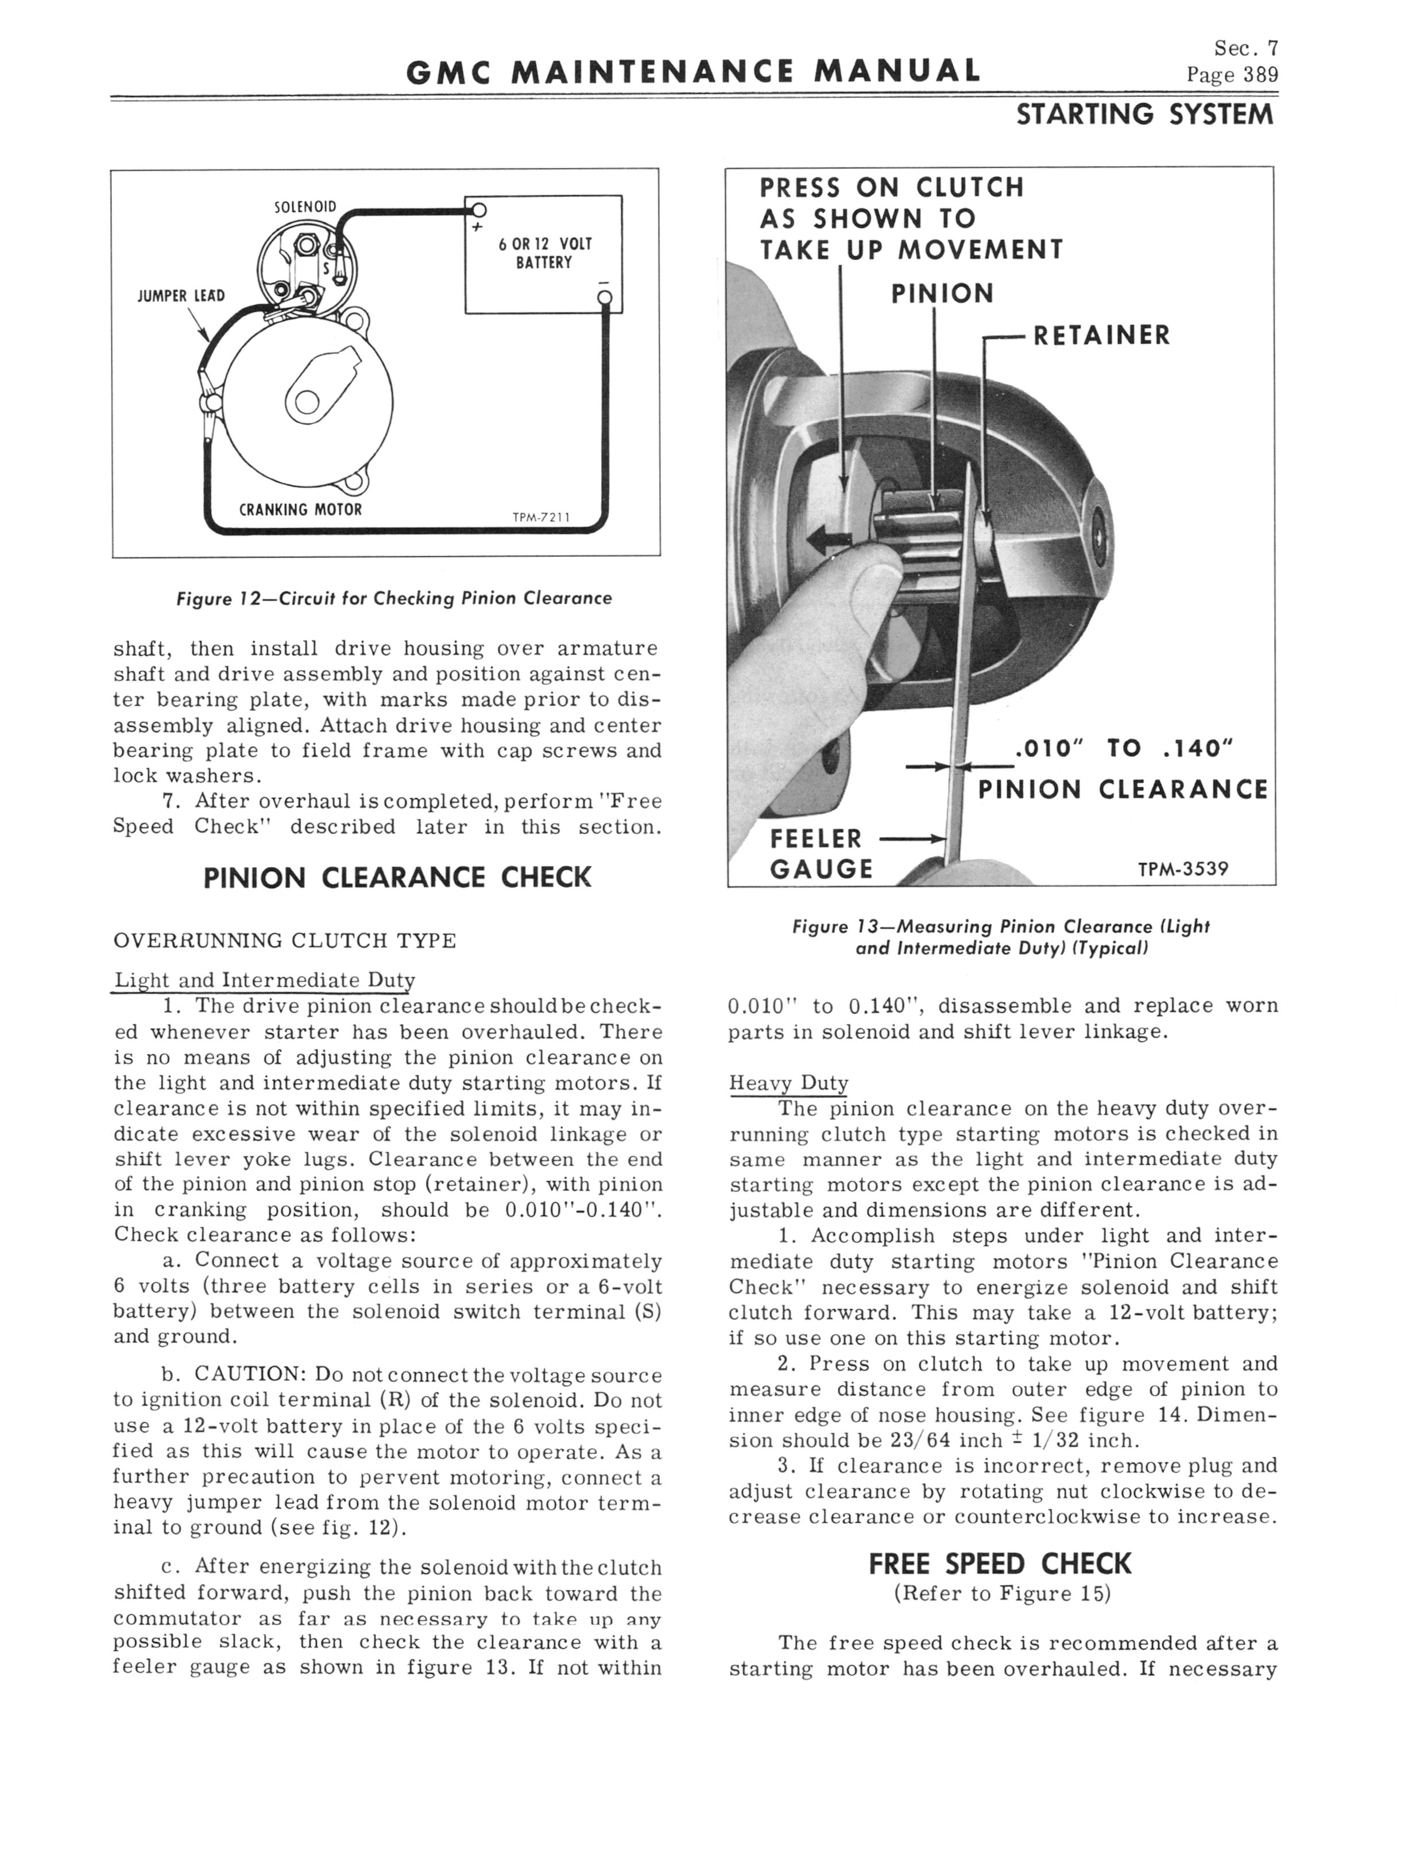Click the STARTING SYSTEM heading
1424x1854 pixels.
pos(1144,114)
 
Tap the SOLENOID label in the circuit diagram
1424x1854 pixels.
pos(305,207)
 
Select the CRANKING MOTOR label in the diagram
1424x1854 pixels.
pos(300,509)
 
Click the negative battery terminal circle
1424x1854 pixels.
pos(605,297)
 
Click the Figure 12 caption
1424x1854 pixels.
pos(393,598)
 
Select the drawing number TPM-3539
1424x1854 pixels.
pos(1182,869)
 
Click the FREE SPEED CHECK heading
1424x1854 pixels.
pos(1000,1563)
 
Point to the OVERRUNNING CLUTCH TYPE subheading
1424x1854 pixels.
pos(285,942)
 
